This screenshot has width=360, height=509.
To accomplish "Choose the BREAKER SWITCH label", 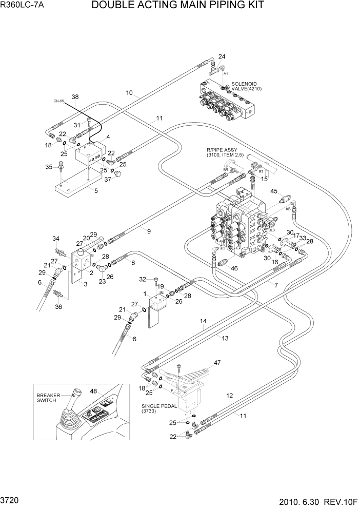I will click(48, 398).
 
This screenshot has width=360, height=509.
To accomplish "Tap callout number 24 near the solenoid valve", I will click(222, 56).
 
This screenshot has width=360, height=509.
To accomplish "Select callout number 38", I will click(75, 97).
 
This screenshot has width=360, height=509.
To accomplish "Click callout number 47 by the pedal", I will click(217, 363).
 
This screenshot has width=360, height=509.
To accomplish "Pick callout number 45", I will click(274, 191).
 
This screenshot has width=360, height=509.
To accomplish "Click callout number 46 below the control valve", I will click(235, 268).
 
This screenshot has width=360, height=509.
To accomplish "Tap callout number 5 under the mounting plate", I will click(96, 191).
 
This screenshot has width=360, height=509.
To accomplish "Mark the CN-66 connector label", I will click(58, 101).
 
